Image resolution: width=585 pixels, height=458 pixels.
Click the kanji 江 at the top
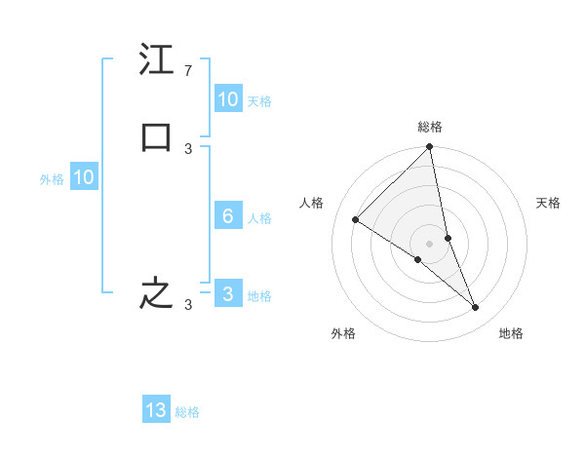coord(156,59)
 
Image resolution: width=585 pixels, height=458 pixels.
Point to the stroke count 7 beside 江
coord(188,70)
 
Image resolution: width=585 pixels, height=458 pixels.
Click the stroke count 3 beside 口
coord(188,148)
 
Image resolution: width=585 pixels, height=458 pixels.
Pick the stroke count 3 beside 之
coord(188,304)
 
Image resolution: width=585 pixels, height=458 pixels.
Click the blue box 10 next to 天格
coord(227,99)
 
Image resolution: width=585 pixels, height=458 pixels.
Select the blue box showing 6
coord(227,216)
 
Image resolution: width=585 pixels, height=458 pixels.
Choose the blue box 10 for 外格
coord(83,177)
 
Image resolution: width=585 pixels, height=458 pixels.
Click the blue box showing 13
coord(156,410)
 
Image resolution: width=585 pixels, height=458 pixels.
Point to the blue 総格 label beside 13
coord(187,412)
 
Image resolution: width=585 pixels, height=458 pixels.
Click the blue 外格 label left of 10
coord(52,179)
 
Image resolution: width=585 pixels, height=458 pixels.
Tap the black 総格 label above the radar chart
coord(430,127)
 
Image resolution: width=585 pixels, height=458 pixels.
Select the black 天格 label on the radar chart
coord(548,203)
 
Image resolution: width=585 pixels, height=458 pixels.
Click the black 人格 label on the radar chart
coord(312,203)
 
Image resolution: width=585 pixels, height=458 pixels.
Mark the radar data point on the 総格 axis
coord(430,148)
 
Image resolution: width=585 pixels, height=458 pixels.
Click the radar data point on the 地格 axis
coord(476,308)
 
